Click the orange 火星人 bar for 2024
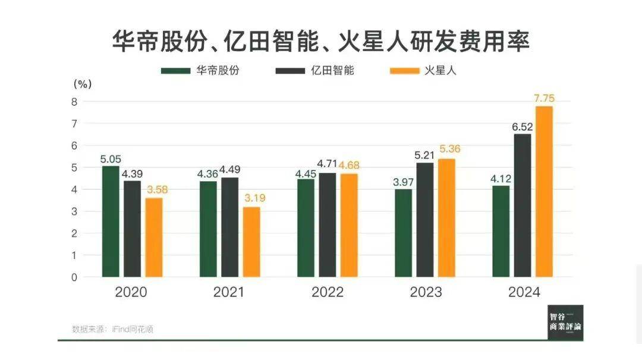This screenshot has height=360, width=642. click(544, 191)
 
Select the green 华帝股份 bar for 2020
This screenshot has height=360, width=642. click(111, 221)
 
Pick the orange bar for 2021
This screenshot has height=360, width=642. click(251, 242)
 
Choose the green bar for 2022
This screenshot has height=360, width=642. click(306, 228)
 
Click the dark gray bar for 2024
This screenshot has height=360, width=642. click(523, 205)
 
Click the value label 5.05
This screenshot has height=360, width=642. click(111, 159)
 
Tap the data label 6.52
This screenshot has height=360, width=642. click(523, 127)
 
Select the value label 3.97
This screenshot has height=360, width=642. click(403, 180)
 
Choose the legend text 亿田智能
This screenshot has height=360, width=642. click(333, 70)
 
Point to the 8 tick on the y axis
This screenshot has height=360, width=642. click(74, 102)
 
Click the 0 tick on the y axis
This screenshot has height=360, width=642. click(74, 277)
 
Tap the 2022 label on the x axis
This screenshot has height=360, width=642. click(328, 293)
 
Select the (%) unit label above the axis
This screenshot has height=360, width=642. click(82, 84)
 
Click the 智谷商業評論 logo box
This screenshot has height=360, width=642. click(565, 323)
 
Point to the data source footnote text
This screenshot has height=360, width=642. click(112, 329)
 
